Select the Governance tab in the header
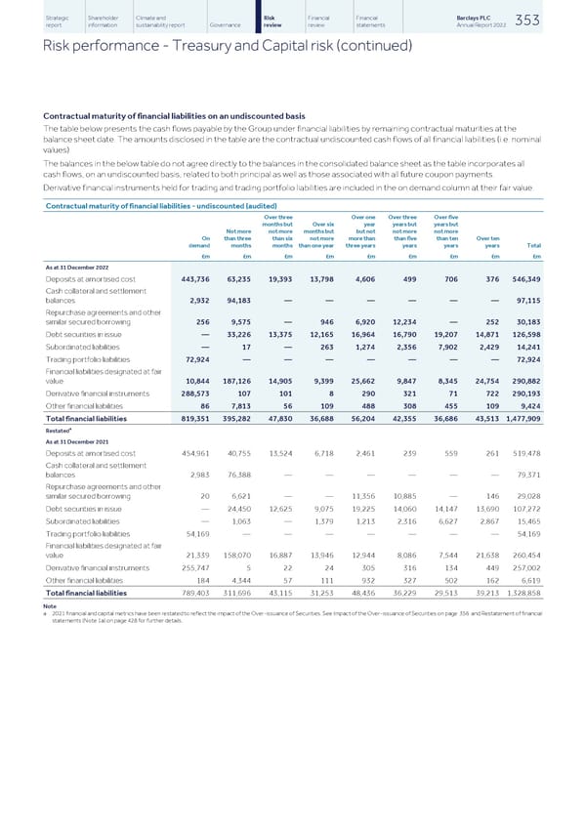pos(227,25)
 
